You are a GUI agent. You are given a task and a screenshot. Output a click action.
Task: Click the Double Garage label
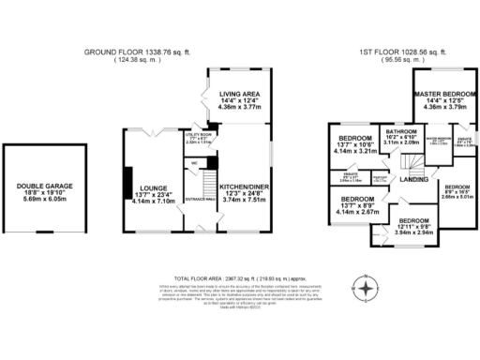[39, 186]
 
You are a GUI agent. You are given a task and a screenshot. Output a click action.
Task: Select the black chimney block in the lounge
[125, 185]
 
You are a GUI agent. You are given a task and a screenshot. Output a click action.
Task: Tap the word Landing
[413, 179]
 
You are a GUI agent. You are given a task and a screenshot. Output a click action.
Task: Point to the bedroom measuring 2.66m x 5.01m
[459, 192]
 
